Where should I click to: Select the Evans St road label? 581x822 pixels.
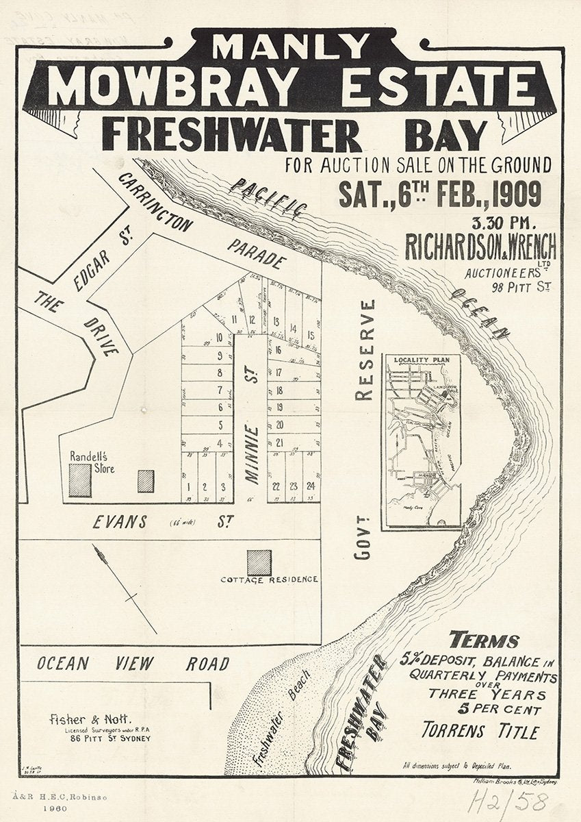pos(160,523)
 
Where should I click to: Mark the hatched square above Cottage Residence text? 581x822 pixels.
pos(259,562)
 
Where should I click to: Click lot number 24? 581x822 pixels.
pos(311,487)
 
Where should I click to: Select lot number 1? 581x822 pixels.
pos(187,487)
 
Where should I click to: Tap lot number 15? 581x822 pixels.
pos(311,335)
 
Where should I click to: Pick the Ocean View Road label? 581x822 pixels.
pos(133,664)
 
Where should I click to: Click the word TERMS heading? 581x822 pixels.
pos(484,641)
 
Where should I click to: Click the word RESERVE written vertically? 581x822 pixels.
pos(366,350)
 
